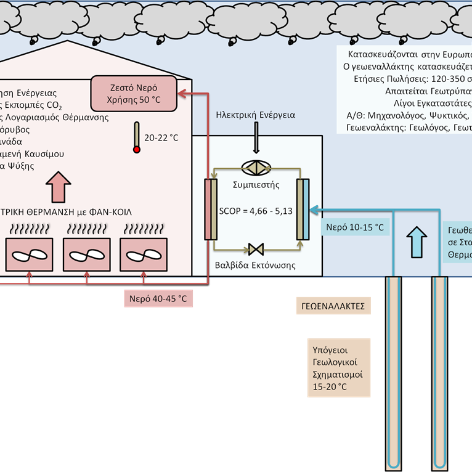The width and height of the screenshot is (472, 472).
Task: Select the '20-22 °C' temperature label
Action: (161, 138)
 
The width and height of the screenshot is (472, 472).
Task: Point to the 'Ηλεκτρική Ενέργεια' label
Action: (256, 115)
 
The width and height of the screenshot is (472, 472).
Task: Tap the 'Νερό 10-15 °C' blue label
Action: (355, 227)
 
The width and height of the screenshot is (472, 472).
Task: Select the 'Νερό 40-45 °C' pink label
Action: (157, 299)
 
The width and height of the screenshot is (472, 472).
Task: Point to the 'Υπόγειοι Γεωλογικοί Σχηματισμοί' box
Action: (338, 367)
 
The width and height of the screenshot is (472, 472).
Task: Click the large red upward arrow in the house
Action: (59, 185)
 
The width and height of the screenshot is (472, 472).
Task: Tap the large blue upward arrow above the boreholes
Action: (417, 241)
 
